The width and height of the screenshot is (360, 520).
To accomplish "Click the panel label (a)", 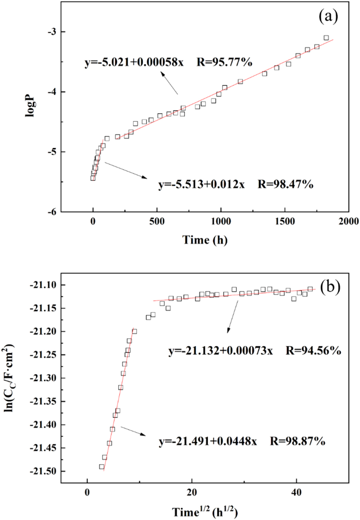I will (328, 17).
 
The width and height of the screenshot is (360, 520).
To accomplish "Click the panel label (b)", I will (330, 287).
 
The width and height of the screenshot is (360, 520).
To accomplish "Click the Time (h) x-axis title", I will (205, 240).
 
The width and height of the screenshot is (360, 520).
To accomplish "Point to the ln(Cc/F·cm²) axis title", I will (9, 377).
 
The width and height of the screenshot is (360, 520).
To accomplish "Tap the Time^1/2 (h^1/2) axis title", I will (205, 512).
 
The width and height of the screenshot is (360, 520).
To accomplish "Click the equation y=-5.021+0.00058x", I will (134, 62).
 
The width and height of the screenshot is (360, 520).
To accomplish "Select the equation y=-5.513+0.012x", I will (201, 184).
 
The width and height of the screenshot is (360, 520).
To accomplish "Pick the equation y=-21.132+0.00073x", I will (221, 350).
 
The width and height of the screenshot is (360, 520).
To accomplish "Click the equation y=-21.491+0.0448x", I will (208, 441).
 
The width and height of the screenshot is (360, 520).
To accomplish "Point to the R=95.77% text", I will (224, 62).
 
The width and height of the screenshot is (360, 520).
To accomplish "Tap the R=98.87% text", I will (298, 441).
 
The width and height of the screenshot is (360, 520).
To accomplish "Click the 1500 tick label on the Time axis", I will (285, 222).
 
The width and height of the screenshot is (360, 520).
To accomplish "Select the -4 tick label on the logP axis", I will (51, 92).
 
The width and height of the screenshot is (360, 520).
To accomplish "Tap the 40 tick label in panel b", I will (296, 492).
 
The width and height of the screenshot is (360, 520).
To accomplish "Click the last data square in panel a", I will (326, 38).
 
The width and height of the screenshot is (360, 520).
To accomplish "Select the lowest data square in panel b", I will (102, 467).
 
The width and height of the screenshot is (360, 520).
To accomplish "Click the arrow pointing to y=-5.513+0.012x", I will (126, 170).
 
